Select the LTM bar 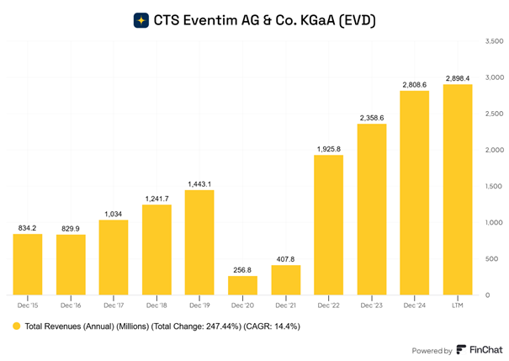click(458, 189)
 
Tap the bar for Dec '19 click(199, 242)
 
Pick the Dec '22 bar click(328, 225)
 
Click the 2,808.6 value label click(415, 84)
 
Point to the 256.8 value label click(242, 269)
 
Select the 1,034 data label click(113, 213)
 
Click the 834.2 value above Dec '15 click(27, 227)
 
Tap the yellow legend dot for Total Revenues click(16, 325)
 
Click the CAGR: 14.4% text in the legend click(271, 325)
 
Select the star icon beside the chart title click(141, 19)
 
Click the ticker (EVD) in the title click(354, 19)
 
